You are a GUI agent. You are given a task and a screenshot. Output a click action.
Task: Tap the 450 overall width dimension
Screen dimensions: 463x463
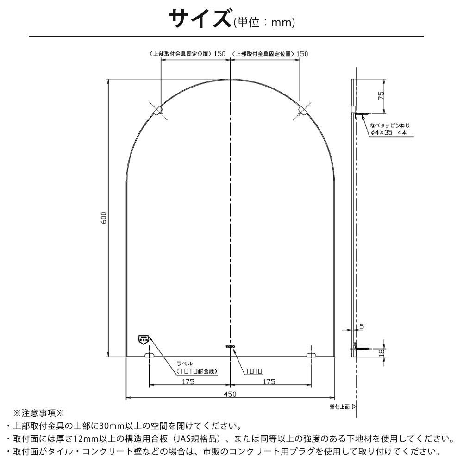pyautogui.click(x=231, y=394)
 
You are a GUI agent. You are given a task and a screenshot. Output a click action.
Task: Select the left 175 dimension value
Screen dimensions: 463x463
pyautogui.click(x=188, y=382)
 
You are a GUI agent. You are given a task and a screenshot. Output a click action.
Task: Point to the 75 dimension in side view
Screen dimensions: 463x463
pyautogui.click(x=381, y=96)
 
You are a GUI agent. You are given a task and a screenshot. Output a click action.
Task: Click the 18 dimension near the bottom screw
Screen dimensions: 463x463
pyautogui.click(x=381, y=353)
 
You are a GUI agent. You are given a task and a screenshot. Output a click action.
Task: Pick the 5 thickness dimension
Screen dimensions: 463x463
pyautogui.click(x=361, y=326)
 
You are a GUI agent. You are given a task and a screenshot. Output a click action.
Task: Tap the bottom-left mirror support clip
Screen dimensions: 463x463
pyautogui.click(x=150, y=355)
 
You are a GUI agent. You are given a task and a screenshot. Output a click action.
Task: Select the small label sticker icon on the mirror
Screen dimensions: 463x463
pyautogui.click(x=143, y=339)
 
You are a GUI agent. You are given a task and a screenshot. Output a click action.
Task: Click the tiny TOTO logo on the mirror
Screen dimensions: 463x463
pyautogui.click(x=230, y=346)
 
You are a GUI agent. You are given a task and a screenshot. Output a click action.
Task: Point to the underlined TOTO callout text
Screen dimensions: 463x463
pyautogui.click(x=253, y=371)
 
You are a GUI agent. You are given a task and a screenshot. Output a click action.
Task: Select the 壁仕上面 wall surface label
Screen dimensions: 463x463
pyautogui.click(x=340, y=407)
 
